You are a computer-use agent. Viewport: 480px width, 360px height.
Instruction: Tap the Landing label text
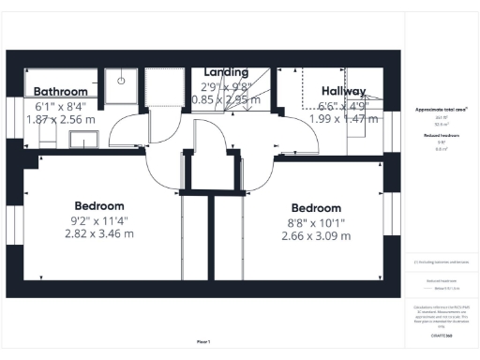tap(226, 71)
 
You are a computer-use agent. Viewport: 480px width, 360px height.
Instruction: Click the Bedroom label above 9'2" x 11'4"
tap(99, 206)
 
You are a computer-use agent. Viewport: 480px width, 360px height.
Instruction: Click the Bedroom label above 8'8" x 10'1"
tap(316, 208)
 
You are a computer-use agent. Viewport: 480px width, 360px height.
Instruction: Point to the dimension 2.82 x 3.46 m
tap(99, 233)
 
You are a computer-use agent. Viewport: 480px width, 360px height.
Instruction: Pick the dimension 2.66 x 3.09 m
tap(316, 235)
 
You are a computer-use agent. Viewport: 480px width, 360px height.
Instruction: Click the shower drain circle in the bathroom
tap(121, 80)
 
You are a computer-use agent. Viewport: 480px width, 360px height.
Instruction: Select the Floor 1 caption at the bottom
tap(203, 340)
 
